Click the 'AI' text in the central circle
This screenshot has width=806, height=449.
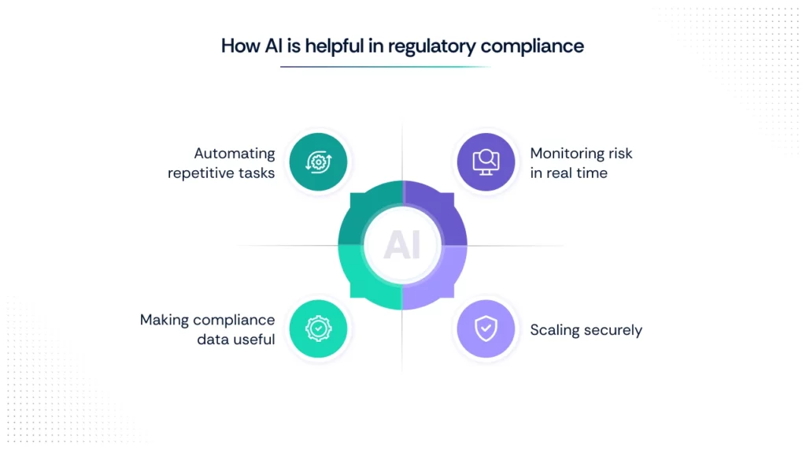pos(402,246)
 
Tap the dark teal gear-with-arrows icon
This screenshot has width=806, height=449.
pos(319,162)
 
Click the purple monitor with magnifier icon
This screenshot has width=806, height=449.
pos(486,162)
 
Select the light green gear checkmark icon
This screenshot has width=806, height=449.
pos(319,329)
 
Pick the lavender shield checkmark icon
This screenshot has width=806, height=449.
pos(486,329)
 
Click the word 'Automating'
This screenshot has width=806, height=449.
pos(235,154)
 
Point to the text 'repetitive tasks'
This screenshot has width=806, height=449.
pos(221,173)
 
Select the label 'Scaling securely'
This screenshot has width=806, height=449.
pos(586,330)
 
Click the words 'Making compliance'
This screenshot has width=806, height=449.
pos(207,320)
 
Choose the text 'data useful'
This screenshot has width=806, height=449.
pos(236,340)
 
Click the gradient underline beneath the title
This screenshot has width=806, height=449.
pos(386,67)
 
